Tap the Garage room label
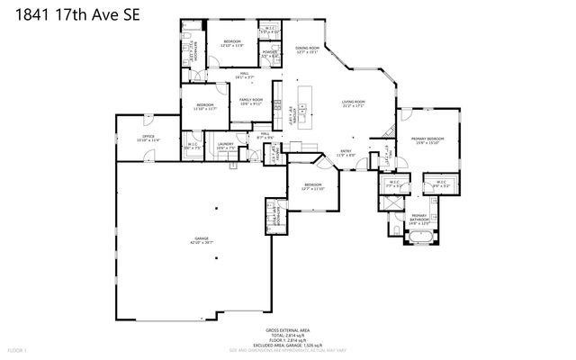(x=201, y=240)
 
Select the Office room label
(x=148, y=139)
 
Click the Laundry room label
(x=225, y=146)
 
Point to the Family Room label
(x=250, y=102)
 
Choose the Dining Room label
(x=308, y=49)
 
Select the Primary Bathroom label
(x=419, y=218)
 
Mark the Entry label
(x=346, y=153)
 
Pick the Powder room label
(x=269, y=54)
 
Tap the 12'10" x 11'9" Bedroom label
(x=231, y=43)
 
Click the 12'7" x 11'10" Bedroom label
(x=312, y=187)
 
